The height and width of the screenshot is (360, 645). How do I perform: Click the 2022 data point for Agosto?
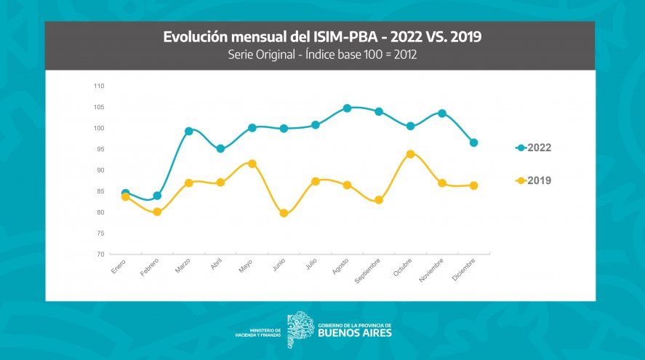pos(347,108)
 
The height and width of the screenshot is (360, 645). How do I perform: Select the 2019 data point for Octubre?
pos(410,154)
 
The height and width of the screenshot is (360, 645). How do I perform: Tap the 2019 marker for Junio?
pos(284,214)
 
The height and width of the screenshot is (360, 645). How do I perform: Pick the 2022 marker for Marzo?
pos(188,132)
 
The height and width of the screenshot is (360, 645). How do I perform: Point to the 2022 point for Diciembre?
pos(473,143)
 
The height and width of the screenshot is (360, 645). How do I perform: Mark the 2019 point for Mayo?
pos(252,164)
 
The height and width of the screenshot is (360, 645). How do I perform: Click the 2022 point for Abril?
pos(220,149)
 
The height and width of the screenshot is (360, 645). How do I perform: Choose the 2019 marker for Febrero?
pos(157,212)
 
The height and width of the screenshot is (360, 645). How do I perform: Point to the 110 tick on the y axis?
pos(99,86)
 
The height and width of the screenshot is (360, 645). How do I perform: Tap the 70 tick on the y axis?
pos(100,255)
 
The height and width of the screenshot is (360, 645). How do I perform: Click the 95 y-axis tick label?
pos(100,149)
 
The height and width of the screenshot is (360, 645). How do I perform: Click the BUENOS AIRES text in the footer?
pos(354,333)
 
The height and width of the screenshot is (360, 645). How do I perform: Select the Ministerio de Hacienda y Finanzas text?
pos(259,332)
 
